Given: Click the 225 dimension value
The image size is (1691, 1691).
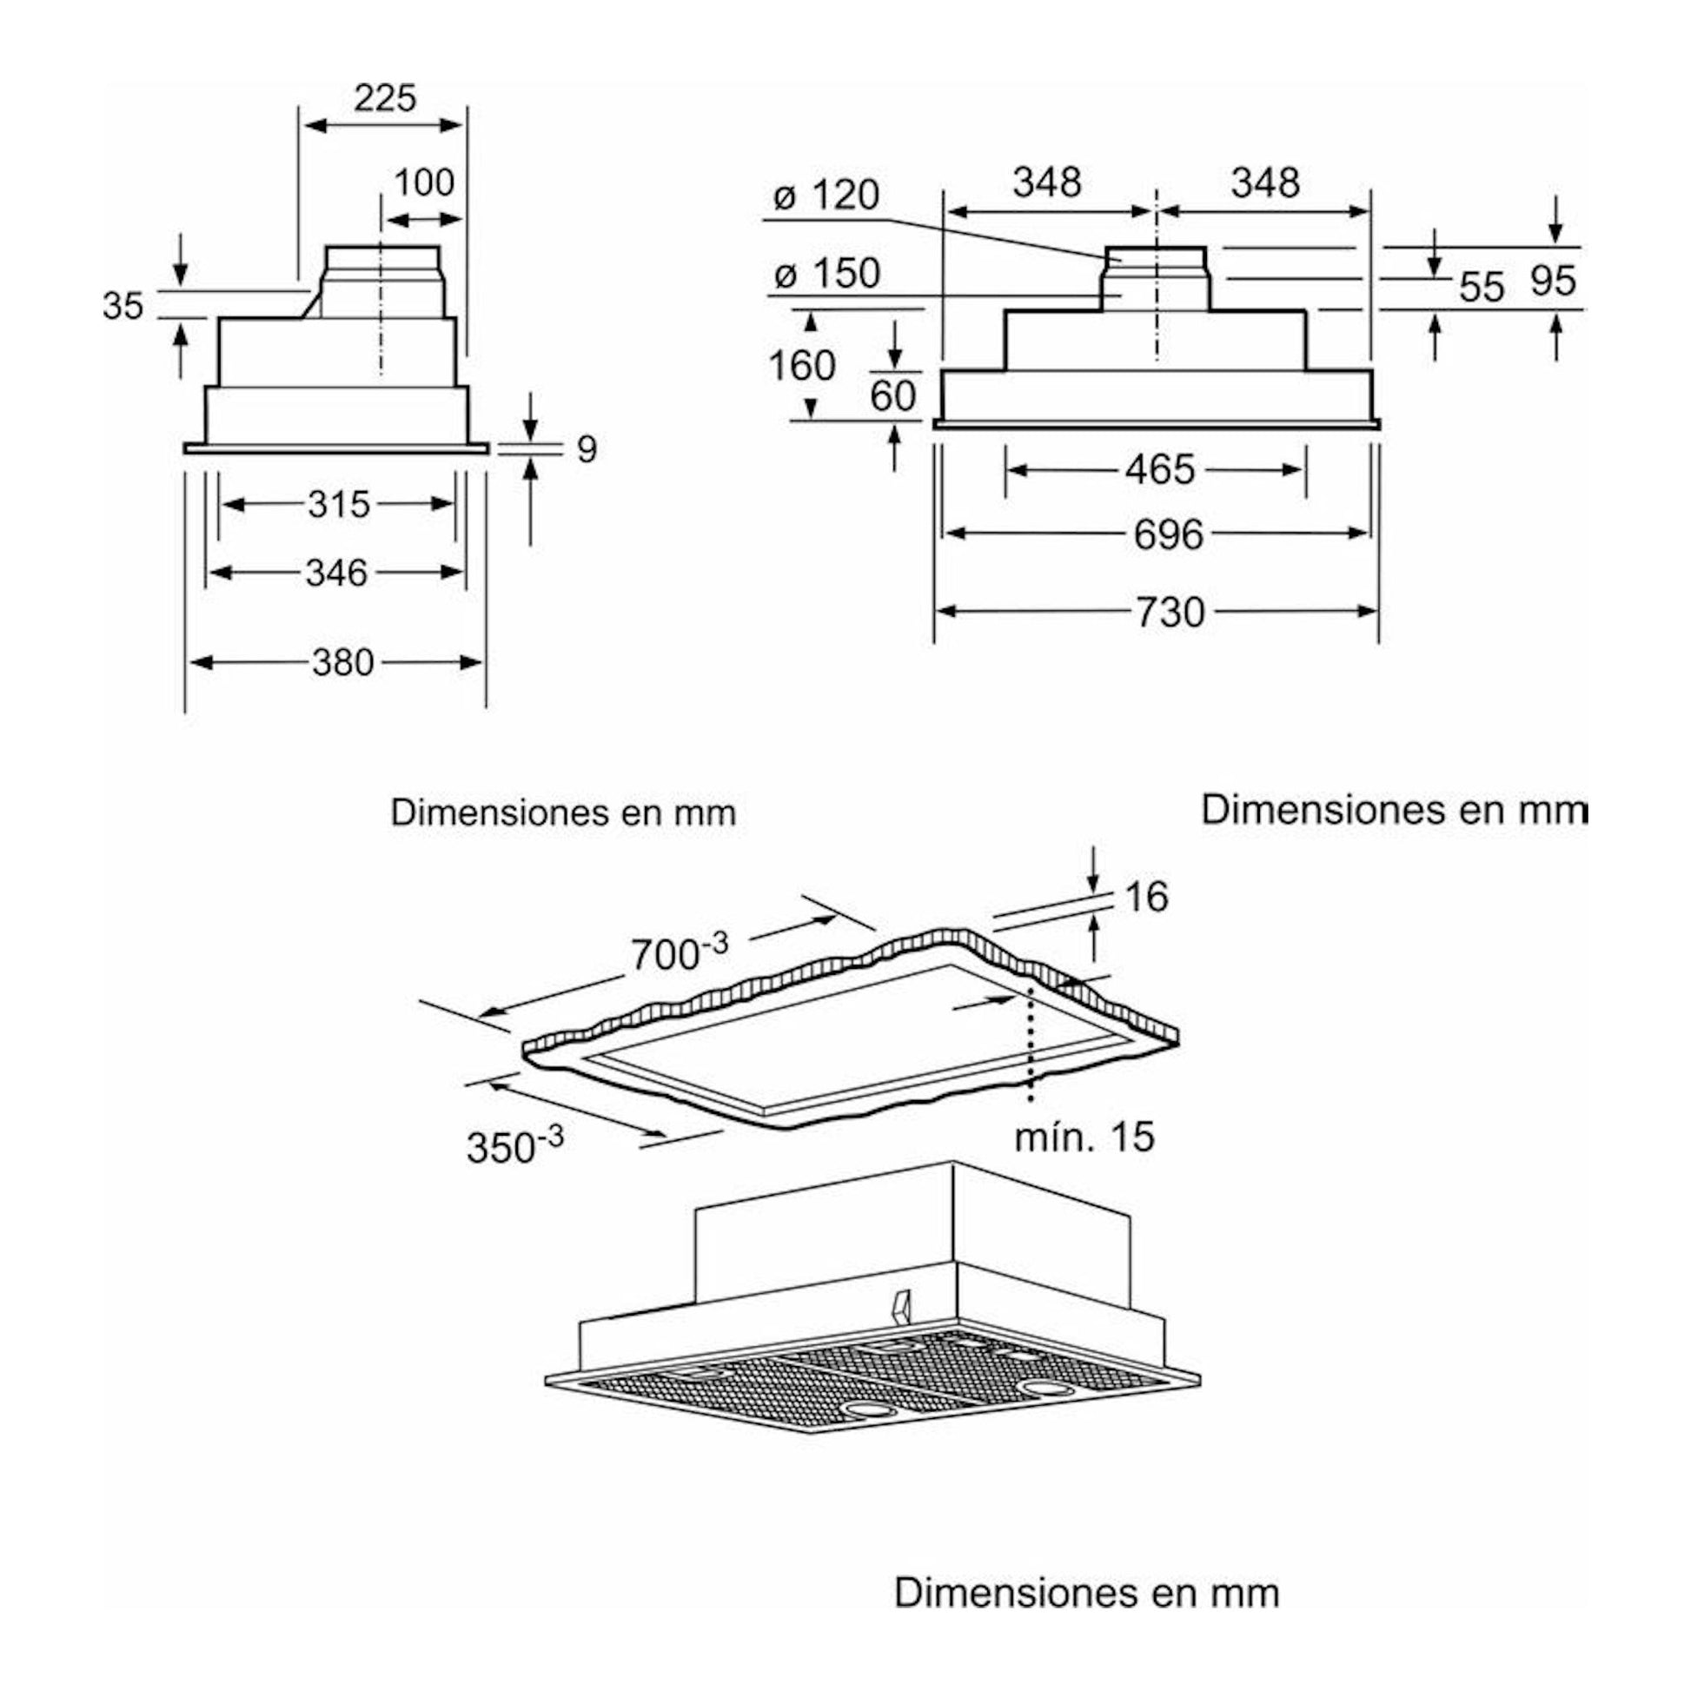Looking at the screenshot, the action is [385, 98].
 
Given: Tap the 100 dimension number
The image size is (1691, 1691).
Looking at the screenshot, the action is [425, 183].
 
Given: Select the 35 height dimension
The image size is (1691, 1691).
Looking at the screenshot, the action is [123, 307].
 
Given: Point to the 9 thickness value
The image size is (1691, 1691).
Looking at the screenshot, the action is [587, 449].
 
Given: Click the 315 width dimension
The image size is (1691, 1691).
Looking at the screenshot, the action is [339, 504].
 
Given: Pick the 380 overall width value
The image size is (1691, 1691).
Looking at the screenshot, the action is [343, 662].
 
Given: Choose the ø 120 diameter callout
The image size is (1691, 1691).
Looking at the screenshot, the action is [826, 196].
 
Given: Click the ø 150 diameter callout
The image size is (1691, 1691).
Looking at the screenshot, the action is [827, 274].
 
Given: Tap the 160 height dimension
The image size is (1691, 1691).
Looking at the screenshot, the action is [802, 365].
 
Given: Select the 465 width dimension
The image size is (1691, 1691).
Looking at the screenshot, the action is [1160, 470].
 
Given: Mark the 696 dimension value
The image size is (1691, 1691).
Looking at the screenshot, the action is [1170, 534].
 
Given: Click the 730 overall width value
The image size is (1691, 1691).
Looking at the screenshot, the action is [1171, 612].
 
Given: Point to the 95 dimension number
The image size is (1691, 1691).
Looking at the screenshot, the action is [1554, 281].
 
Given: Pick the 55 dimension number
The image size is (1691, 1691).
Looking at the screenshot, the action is [1482, 286].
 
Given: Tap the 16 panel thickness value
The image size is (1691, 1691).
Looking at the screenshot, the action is [1145, 897].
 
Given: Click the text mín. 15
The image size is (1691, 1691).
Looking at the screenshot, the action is [1085, 1137].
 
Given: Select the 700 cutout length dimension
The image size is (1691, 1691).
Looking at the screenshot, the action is [680, 952].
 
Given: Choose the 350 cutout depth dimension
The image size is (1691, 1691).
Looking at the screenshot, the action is [514, 1144].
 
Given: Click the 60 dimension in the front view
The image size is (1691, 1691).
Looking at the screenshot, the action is [892, 396].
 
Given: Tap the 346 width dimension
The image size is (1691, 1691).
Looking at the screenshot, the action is [337, 574].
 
